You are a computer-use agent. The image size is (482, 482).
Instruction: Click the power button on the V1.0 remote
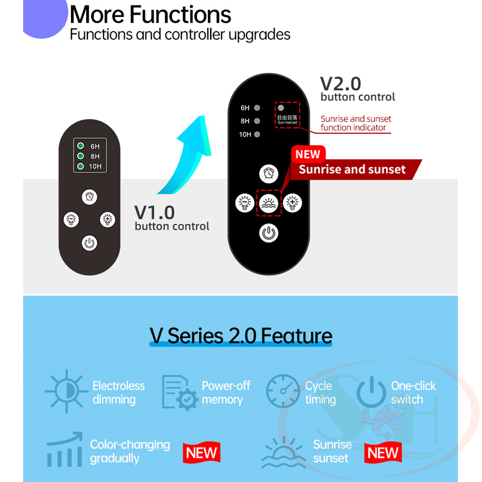90,243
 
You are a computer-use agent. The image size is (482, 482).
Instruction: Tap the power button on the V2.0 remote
268,233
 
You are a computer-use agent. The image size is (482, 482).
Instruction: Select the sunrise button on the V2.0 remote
268,203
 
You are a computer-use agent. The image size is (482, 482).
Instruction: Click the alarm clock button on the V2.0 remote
268,174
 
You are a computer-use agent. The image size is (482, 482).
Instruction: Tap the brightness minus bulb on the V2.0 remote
245,203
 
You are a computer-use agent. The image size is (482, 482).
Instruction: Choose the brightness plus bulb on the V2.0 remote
293,203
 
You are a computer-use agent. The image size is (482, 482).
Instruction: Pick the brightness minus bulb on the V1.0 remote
71,219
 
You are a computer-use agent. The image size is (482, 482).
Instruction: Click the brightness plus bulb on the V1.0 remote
107,219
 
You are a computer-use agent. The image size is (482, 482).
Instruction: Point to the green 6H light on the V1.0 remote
80,146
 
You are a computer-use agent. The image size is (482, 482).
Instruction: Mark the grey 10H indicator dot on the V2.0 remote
257,134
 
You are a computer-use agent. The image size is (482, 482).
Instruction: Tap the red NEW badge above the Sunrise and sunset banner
308,154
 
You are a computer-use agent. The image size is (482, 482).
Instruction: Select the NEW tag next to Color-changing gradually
201,453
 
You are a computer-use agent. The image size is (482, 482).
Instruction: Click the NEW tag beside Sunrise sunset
383,453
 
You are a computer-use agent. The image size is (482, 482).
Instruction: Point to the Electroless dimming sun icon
67,391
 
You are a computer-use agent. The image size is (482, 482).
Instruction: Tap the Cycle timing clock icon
283,391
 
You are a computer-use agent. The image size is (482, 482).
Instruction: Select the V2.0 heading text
341,83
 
